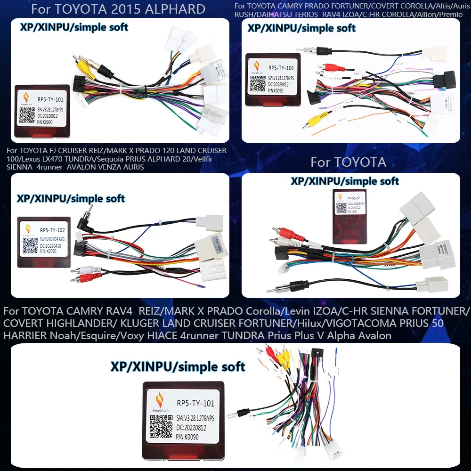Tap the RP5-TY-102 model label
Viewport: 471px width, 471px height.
(52, 230)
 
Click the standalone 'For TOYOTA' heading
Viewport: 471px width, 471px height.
(348, 162)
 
